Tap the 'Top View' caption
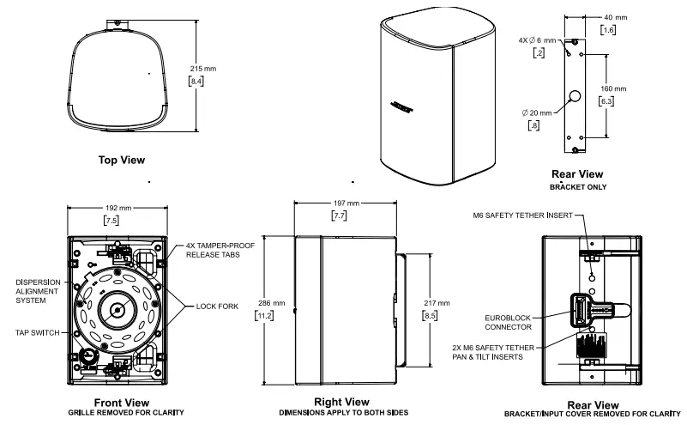(x=121, y=160)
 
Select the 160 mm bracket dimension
(x=614, y=88)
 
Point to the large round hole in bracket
(x=575, y=96)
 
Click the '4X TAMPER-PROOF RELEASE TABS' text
(x=220, y=250)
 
